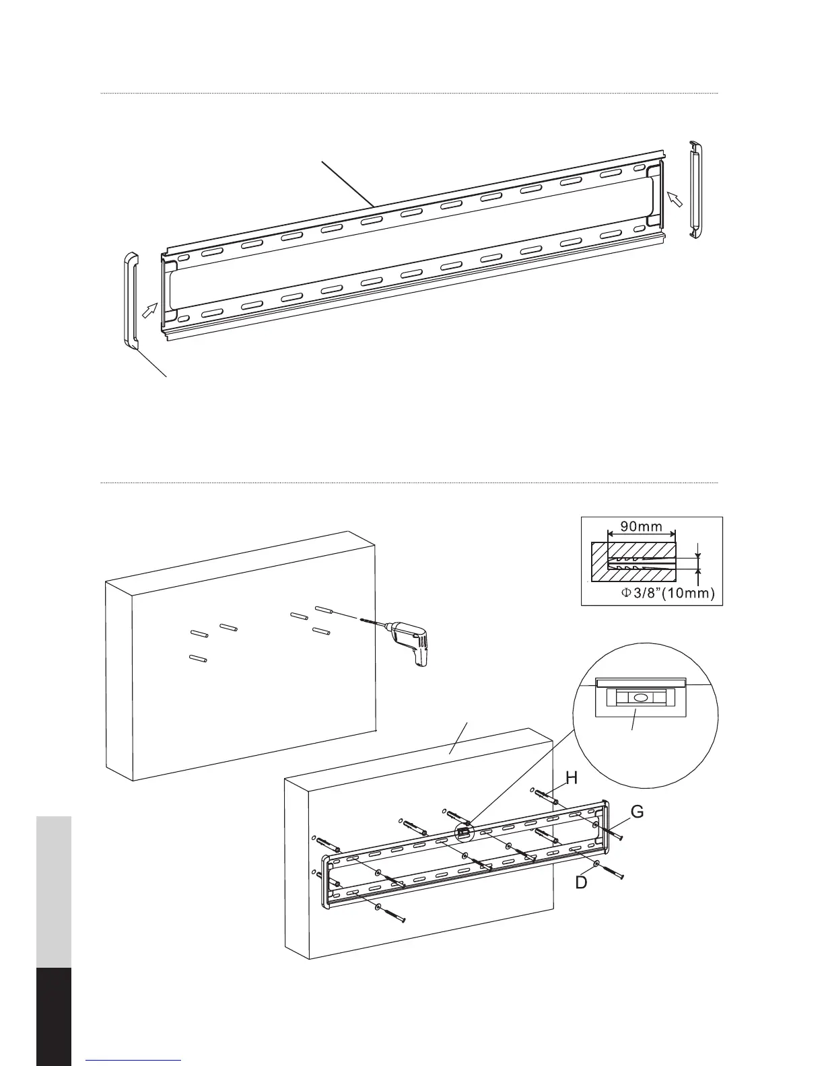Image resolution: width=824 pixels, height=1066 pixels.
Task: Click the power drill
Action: tap(408, 639)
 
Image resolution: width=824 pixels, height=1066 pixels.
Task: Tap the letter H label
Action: tap(572, 779)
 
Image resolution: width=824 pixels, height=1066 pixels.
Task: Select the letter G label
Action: tap(636, 812)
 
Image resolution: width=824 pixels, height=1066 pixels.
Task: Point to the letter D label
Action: tap(581, 882)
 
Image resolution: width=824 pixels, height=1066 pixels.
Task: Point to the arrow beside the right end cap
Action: tap(675, 197)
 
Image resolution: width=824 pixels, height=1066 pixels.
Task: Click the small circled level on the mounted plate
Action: tap(463, 832)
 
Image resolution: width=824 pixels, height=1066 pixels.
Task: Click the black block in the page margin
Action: tap(53, 1016)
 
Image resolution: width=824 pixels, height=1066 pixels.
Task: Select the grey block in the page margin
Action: tap(53, 892)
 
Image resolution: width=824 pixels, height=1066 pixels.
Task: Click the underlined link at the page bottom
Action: tap(134, 1061)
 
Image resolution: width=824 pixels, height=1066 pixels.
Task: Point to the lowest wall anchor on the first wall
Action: tap(197, 660)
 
